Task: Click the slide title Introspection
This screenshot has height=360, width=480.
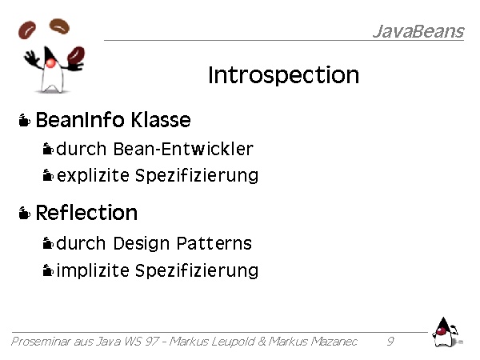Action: [x=283, y=75]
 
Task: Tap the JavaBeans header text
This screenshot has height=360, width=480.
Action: [x=418, y=31]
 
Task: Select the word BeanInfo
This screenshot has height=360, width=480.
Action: [x=80, y=119]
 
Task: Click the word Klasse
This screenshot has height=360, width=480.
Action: [x=161, y=119]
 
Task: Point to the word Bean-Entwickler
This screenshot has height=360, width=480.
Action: [x=183, y=149]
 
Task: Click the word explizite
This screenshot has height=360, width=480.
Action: [x=93, y=176]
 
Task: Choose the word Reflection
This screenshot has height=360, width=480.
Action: [x=86, y=213]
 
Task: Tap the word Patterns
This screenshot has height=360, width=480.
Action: [x=214, y=243]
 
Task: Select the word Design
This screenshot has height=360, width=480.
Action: [x=141, y=244]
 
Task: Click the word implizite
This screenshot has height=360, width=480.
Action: [x=93, y=270]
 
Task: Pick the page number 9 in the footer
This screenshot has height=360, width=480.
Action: [x=390, y=341]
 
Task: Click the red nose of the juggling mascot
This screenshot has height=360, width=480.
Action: [x=50, y=63]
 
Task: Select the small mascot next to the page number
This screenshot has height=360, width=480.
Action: [x=446, y=333]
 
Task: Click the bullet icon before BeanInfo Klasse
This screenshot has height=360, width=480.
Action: [x=25, y=120]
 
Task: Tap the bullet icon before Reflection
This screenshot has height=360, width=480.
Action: [x=25, y=213]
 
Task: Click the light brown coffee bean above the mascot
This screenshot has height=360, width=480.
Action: [x=59, y=26]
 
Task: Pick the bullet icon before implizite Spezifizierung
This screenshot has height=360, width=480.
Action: [x=48, y=270]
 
